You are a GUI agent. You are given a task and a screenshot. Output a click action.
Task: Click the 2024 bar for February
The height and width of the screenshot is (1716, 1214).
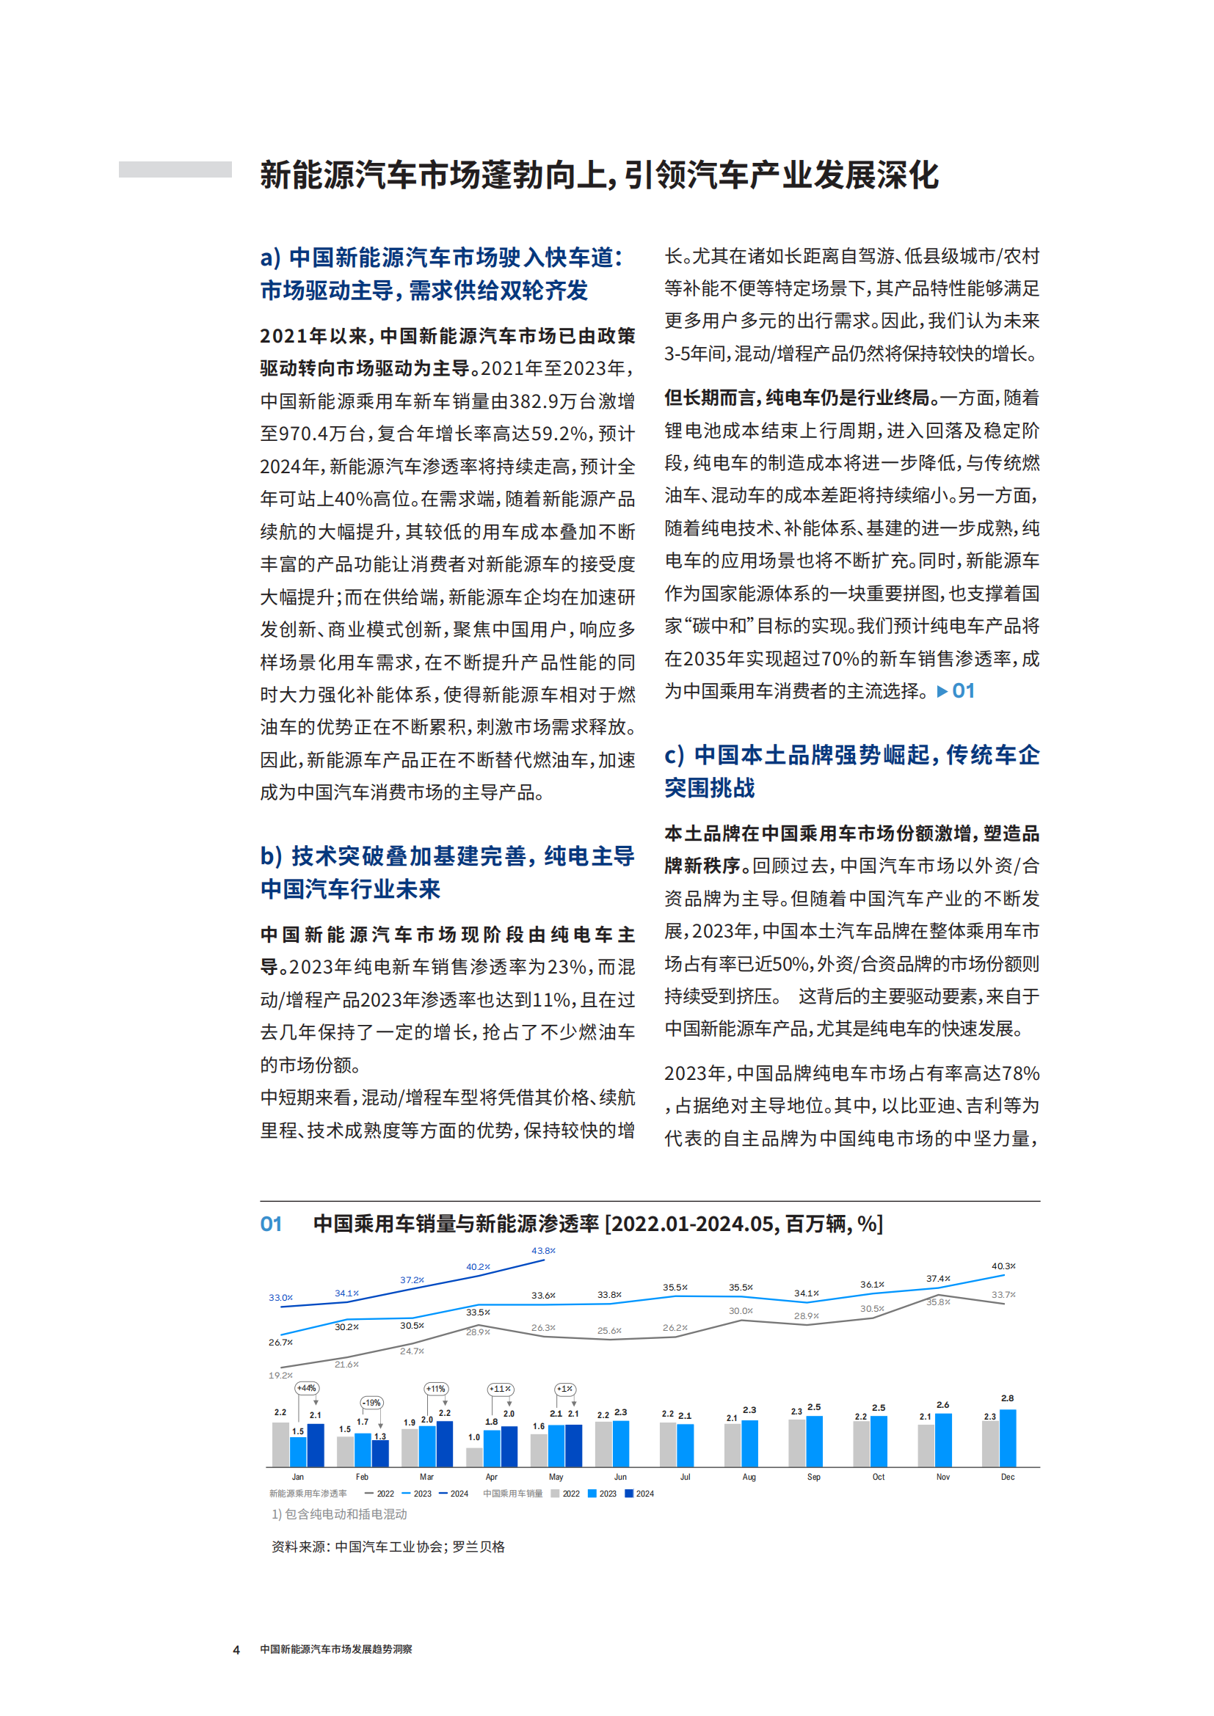point(380,1452)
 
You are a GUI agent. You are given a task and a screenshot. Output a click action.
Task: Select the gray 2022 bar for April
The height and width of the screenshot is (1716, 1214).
point(474,1457)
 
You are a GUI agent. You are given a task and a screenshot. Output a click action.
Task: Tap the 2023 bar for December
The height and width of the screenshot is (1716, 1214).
point(1008,1437)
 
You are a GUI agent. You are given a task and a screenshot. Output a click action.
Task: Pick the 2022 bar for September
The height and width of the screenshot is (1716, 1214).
point(797,1442)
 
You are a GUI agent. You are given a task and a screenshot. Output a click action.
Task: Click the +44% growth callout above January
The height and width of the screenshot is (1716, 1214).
point(307,1388)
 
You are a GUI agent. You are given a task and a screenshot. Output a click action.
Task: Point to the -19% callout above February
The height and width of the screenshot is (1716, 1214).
point(371,1403)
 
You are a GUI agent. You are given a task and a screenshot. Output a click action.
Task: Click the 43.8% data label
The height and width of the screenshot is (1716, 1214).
point(543,1250)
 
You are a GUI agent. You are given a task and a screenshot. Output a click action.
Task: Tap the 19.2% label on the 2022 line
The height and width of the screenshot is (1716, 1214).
point(280,1375)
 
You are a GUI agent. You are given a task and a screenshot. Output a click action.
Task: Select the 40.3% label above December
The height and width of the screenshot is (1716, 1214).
point(1003,1266)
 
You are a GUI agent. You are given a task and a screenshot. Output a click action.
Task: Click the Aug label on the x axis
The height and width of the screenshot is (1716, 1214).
point(749,1477)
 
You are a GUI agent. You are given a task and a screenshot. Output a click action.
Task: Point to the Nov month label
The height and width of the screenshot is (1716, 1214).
point(942,1477)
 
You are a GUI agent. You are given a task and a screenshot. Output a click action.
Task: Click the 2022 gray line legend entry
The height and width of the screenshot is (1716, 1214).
point(379,1494)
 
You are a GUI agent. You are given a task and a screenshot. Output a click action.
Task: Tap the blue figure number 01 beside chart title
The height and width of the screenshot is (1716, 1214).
point(271,1224)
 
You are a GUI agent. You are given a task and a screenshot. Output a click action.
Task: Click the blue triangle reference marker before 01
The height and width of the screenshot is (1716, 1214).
point(942,691)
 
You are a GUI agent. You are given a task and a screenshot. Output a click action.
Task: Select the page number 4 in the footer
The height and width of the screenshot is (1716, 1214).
point(236,1649)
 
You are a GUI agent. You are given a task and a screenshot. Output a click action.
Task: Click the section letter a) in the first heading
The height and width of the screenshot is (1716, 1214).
point(271,258)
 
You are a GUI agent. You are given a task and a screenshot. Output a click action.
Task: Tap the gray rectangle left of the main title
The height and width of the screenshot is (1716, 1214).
point(175,169)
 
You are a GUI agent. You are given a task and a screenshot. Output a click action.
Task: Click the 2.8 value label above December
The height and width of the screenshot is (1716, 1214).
point(1007,1398)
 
